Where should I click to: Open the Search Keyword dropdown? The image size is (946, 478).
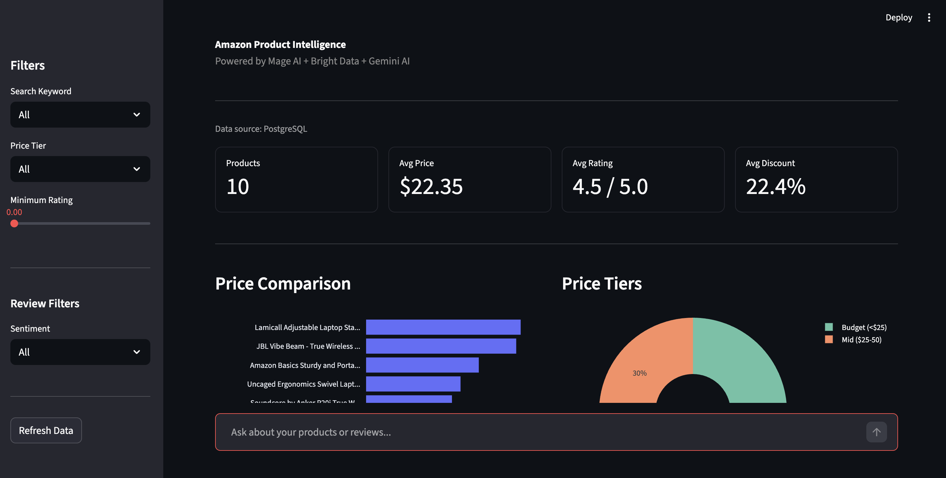point(80,115)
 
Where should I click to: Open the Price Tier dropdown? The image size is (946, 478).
point(80,169)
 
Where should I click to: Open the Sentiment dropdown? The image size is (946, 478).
point(80,352)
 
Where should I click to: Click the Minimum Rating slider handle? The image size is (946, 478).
point(14,223)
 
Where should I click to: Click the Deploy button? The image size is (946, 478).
point(898,17)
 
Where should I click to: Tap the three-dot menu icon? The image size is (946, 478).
point(929,17)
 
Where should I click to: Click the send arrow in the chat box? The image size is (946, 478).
point(876,432)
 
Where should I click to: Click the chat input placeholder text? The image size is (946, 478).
point(311,432)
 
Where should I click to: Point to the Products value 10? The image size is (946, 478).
point(237,187)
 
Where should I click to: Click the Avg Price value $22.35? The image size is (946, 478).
point(431,187)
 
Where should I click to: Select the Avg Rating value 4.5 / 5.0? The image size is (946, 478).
point(610,187)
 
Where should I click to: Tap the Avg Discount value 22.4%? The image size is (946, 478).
point(775,187)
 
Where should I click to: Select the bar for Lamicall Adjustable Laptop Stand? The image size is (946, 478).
point(443,327)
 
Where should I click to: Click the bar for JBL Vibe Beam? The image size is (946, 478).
point(441,346)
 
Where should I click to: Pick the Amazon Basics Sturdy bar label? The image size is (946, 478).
point(305,365)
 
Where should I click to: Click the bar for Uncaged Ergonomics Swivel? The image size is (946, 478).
point(413,384)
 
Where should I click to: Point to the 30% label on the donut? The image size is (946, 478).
point(639,373)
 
